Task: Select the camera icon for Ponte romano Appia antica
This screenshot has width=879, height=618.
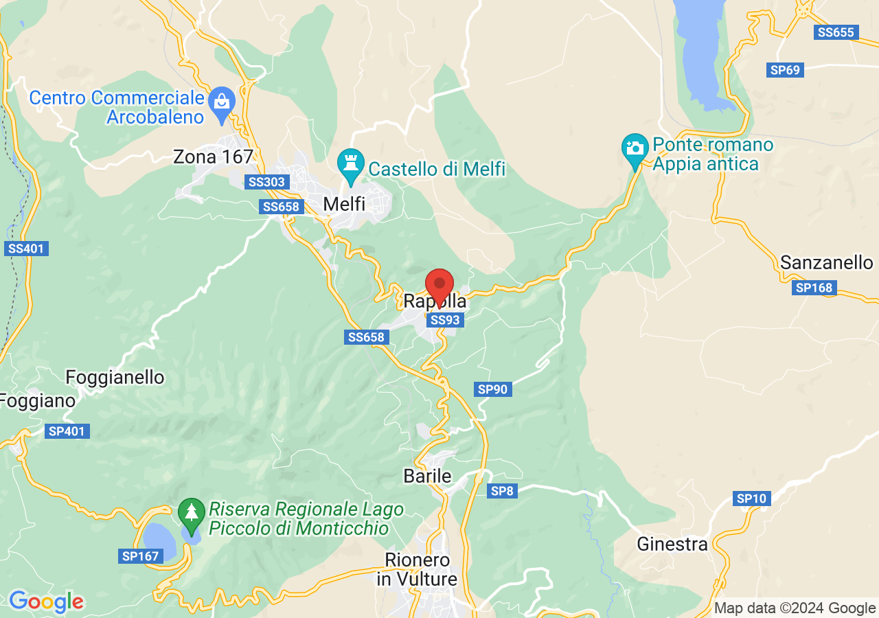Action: pos(635,148)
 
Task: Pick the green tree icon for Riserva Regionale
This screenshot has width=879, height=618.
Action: pos(191,514)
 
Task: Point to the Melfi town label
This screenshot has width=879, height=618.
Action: pos(344,204)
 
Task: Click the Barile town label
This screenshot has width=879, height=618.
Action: pos(427,477)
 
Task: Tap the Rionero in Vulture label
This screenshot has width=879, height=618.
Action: pos(417,569)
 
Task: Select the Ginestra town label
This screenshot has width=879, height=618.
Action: pos(672,545)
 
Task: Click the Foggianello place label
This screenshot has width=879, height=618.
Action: pos(115,378)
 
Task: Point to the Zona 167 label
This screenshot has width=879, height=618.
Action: pos(213,157)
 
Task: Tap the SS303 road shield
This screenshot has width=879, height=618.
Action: pos(268,182)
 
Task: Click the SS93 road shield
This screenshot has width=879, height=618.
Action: pos(445,320)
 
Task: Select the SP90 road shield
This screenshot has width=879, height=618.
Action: pos(493,389)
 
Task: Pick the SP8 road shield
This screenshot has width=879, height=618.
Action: pos(502,490)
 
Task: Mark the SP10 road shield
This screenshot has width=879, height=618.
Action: pos(752,499)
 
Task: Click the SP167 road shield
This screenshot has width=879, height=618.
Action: pos(141,556)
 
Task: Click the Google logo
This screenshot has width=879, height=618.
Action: pos(46,602)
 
